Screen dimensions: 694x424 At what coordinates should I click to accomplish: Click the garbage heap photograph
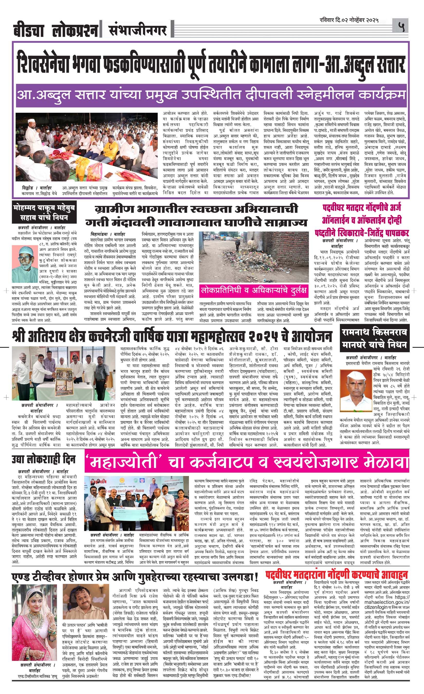[254, 257]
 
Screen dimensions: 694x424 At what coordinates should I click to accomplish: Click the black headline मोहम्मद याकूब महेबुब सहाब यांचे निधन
[44, 213]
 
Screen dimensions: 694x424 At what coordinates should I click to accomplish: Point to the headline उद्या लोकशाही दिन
[44, 459]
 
